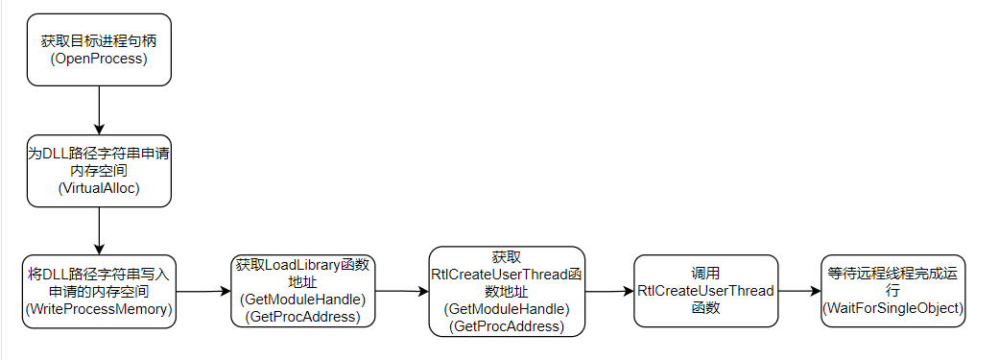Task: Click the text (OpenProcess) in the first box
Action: (x=99, y=59)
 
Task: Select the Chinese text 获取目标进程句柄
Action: (x=99, y=42)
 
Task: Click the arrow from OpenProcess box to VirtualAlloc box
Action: (x=99, y=109)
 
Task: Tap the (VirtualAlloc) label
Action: (x=99, y=187)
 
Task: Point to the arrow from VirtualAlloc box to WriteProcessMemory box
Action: (x=99, y=230)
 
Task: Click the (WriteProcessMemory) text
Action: (x=99, y=308)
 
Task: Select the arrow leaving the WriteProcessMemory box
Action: (x=203, y=290)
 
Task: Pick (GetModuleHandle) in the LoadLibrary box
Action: (x=302, y=300)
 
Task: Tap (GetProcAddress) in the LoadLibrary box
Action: (x=302, y=316)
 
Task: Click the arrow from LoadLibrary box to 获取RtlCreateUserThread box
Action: (x=402, y=290)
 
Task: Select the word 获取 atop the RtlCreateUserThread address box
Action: (x=507, y=258)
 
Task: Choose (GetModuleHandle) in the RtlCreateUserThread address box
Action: (x=507, y=309)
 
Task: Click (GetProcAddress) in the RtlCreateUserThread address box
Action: (x=507, y=325)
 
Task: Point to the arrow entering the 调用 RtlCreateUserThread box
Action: (x=609, y=290)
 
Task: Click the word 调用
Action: (x=705, y=274)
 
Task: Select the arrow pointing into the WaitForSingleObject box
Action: (x=798, y=290)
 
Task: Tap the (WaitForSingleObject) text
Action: (x=893, y=306)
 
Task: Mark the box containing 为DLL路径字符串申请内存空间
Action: (x=99, y=170)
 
